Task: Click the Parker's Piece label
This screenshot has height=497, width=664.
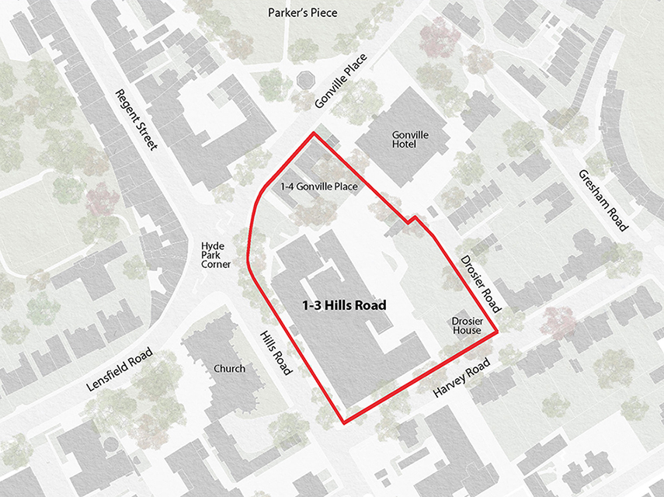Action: point(302,12)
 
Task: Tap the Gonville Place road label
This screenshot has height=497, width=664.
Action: point(340,83)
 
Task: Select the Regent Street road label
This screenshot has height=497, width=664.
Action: point(136,120)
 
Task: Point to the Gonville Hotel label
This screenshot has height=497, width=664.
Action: point(410,140)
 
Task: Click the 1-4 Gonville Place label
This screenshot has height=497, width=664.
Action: point(323,186)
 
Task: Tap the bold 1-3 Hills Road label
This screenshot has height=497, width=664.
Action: point(344,305)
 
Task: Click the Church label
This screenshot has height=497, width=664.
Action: point(229,368)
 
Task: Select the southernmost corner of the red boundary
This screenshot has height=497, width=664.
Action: point(343,423)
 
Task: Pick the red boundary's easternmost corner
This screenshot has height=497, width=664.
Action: point(497,333)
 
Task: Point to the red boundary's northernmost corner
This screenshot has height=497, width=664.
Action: point(314,134)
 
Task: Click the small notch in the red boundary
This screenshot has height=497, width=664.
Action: point(412,221)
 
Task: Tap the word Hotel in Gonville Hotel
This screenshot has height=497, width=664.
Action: point(410,145)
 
